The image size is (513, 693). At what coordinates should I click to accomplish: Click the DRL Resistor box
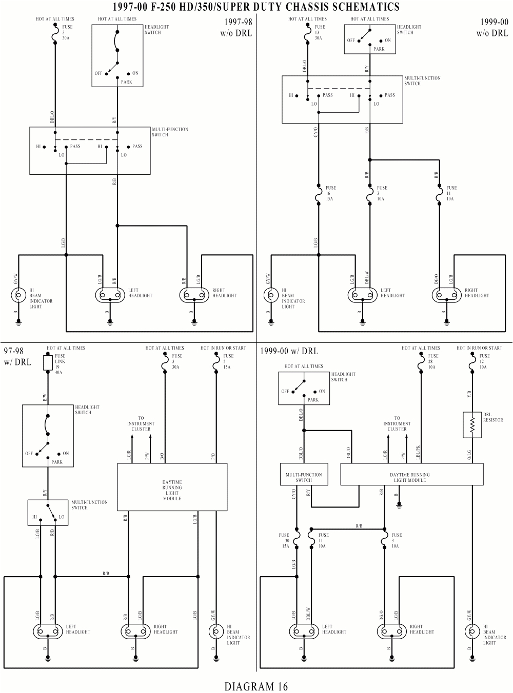pyautogui.click(x=472, y=424)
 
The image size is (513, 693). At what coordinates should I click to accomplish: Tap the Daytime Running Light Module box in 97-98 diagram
pyautogui.click(x=172, y=487)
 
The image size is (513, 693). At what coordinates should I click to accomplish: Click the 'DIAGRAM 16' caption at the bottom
pyautogui.click(x=256, y=686)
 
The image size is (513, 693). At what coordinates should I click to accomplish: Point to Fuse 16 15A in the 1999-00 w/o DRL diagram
pyautogui.click(x=319, y=193)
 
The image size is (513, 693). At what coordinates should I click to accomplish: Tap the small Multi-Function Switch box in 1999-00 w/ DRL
pyautogui.click(x=304, y=477)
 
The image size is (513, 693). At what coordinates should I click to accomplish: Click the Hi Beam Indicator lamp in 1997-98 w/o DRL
pyautogui.click(x=19, y=295)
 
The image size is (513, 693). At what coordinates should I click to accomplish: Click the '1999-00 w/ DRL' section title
pyautogui.click(x=289, y=351)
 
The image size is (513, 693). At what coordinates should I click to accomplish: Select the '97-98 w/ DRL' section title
pyautogui.click(x=17, y=356)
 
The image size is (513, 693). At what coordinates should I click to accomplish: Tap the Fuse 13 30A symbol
pyautogui.click(x=308, y=33)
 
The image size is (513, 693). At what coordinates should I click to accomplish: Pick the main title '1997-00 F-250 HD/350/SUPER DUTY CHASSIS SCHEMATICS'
pyautogui.click(x=256, y=7)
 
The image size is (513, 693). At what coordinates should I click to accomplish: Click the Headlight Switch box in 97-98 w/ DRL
pyautogui.click(x=48, y=436)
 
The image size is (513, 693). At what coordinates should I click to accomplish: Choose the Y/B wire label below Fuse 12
pyautogui.click(x=468, y=394)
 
